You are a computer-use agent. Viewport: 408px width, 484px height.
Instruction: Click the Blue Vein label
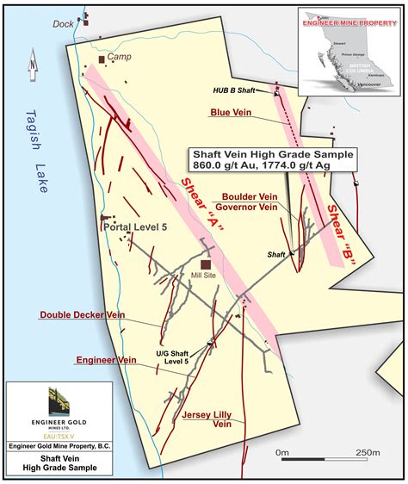point(230,112)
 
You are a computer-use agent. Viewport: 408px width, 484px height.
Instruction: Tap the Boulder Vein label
point(249,195)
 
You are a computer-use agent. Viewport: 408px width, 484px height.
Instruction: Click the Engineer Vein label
point(107,359)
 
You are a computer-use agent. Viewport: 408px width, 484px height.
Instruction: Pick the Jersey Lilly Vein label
point(207,419)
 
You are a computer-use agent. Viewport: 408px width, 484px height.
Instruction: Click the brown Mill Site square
point(206,265)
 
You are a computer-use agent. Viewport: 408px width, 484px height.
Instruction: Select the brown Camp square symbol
point(102,59)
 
